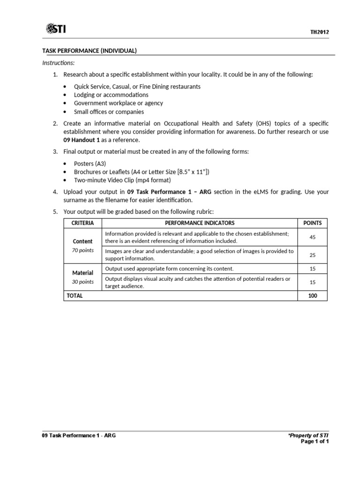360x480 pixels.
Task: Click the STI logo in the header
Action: (56, 30)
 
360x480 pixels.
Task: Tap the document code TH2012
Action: (319, 32)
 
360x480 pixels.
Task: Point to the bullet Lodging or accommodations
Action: (111, 95)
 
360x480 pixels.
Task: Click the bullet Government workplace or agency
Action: (119, 103)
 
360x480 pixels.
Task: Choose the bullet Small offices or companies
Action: (109, 112)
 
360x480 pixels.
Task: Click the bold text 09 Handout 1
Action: (82, 140)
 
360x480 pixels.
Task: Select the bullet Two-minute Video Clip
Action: (122, 180)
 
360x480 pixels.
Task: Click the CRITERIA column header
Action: (82, 223)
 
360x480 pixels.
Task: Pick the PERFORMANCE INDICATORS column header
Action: (200, 223)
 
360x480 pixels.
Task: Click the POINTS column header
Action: (313, 223)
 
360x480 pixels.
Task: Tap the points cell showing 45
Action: (313, 237)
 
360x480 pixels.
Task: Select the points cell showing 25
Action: (313, 255)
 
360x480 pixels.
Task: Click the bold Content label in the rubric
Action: (82, 241)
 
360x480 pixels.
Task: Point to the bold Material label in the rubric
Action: (82, 273)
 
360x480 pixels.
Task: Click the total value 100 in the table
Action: (313, 296)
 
